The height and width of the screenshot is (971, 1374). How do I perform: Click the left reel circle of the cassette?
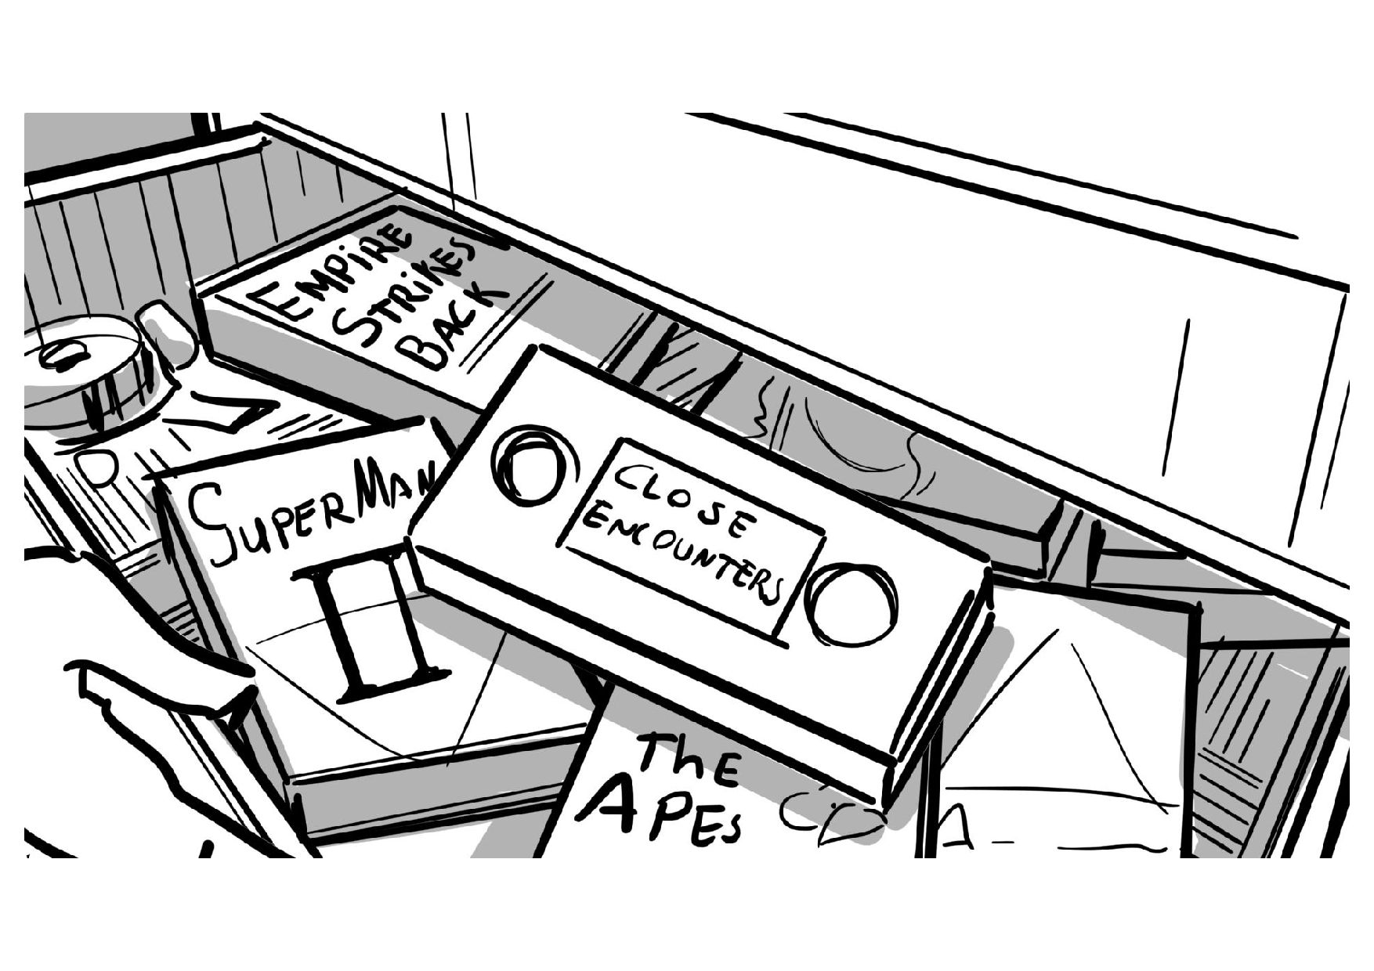tap(526, 466)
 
